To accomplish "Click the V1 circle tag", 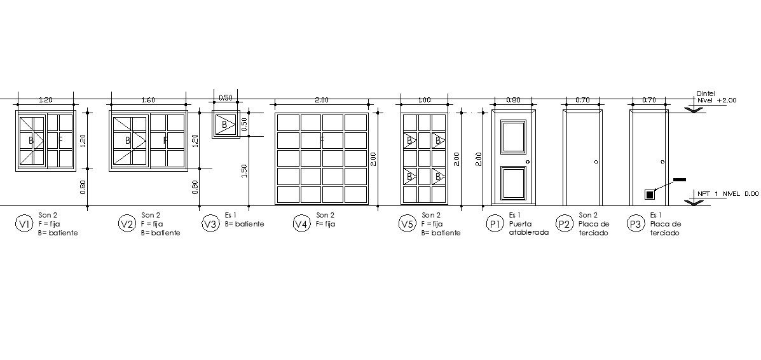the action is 24,223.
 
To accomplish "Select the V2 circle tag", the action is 127,223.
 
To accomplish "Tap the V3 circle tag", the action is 210,223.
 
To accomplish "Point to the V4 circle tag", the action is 301,223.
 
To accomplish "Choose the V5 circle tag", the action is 407,223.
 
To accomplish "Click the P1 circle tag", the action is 495,223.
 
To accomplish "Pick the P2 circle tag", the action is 565,223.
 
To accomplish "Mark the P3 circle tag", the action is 636,223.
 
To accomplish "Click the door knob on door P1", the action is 528,162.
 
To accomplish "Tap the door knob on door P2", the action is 596,162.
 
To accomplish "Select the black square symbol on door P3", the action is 649,195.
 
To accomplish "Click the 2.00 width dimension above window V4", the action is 321,100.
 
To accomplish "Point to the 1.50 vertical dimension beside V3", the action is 244,171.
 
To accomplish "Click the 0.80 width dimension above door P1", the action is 513,100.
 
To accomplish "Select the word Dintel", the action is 706,93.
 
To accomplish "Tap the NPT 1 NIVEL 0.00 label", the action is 727,194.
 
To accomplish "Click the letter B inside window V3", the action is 224,125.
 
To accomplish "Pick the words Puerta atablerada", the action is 528,228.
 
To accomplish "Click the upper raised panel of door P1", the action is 514,137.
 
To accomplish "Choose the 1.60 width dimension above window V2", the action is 148,100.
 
